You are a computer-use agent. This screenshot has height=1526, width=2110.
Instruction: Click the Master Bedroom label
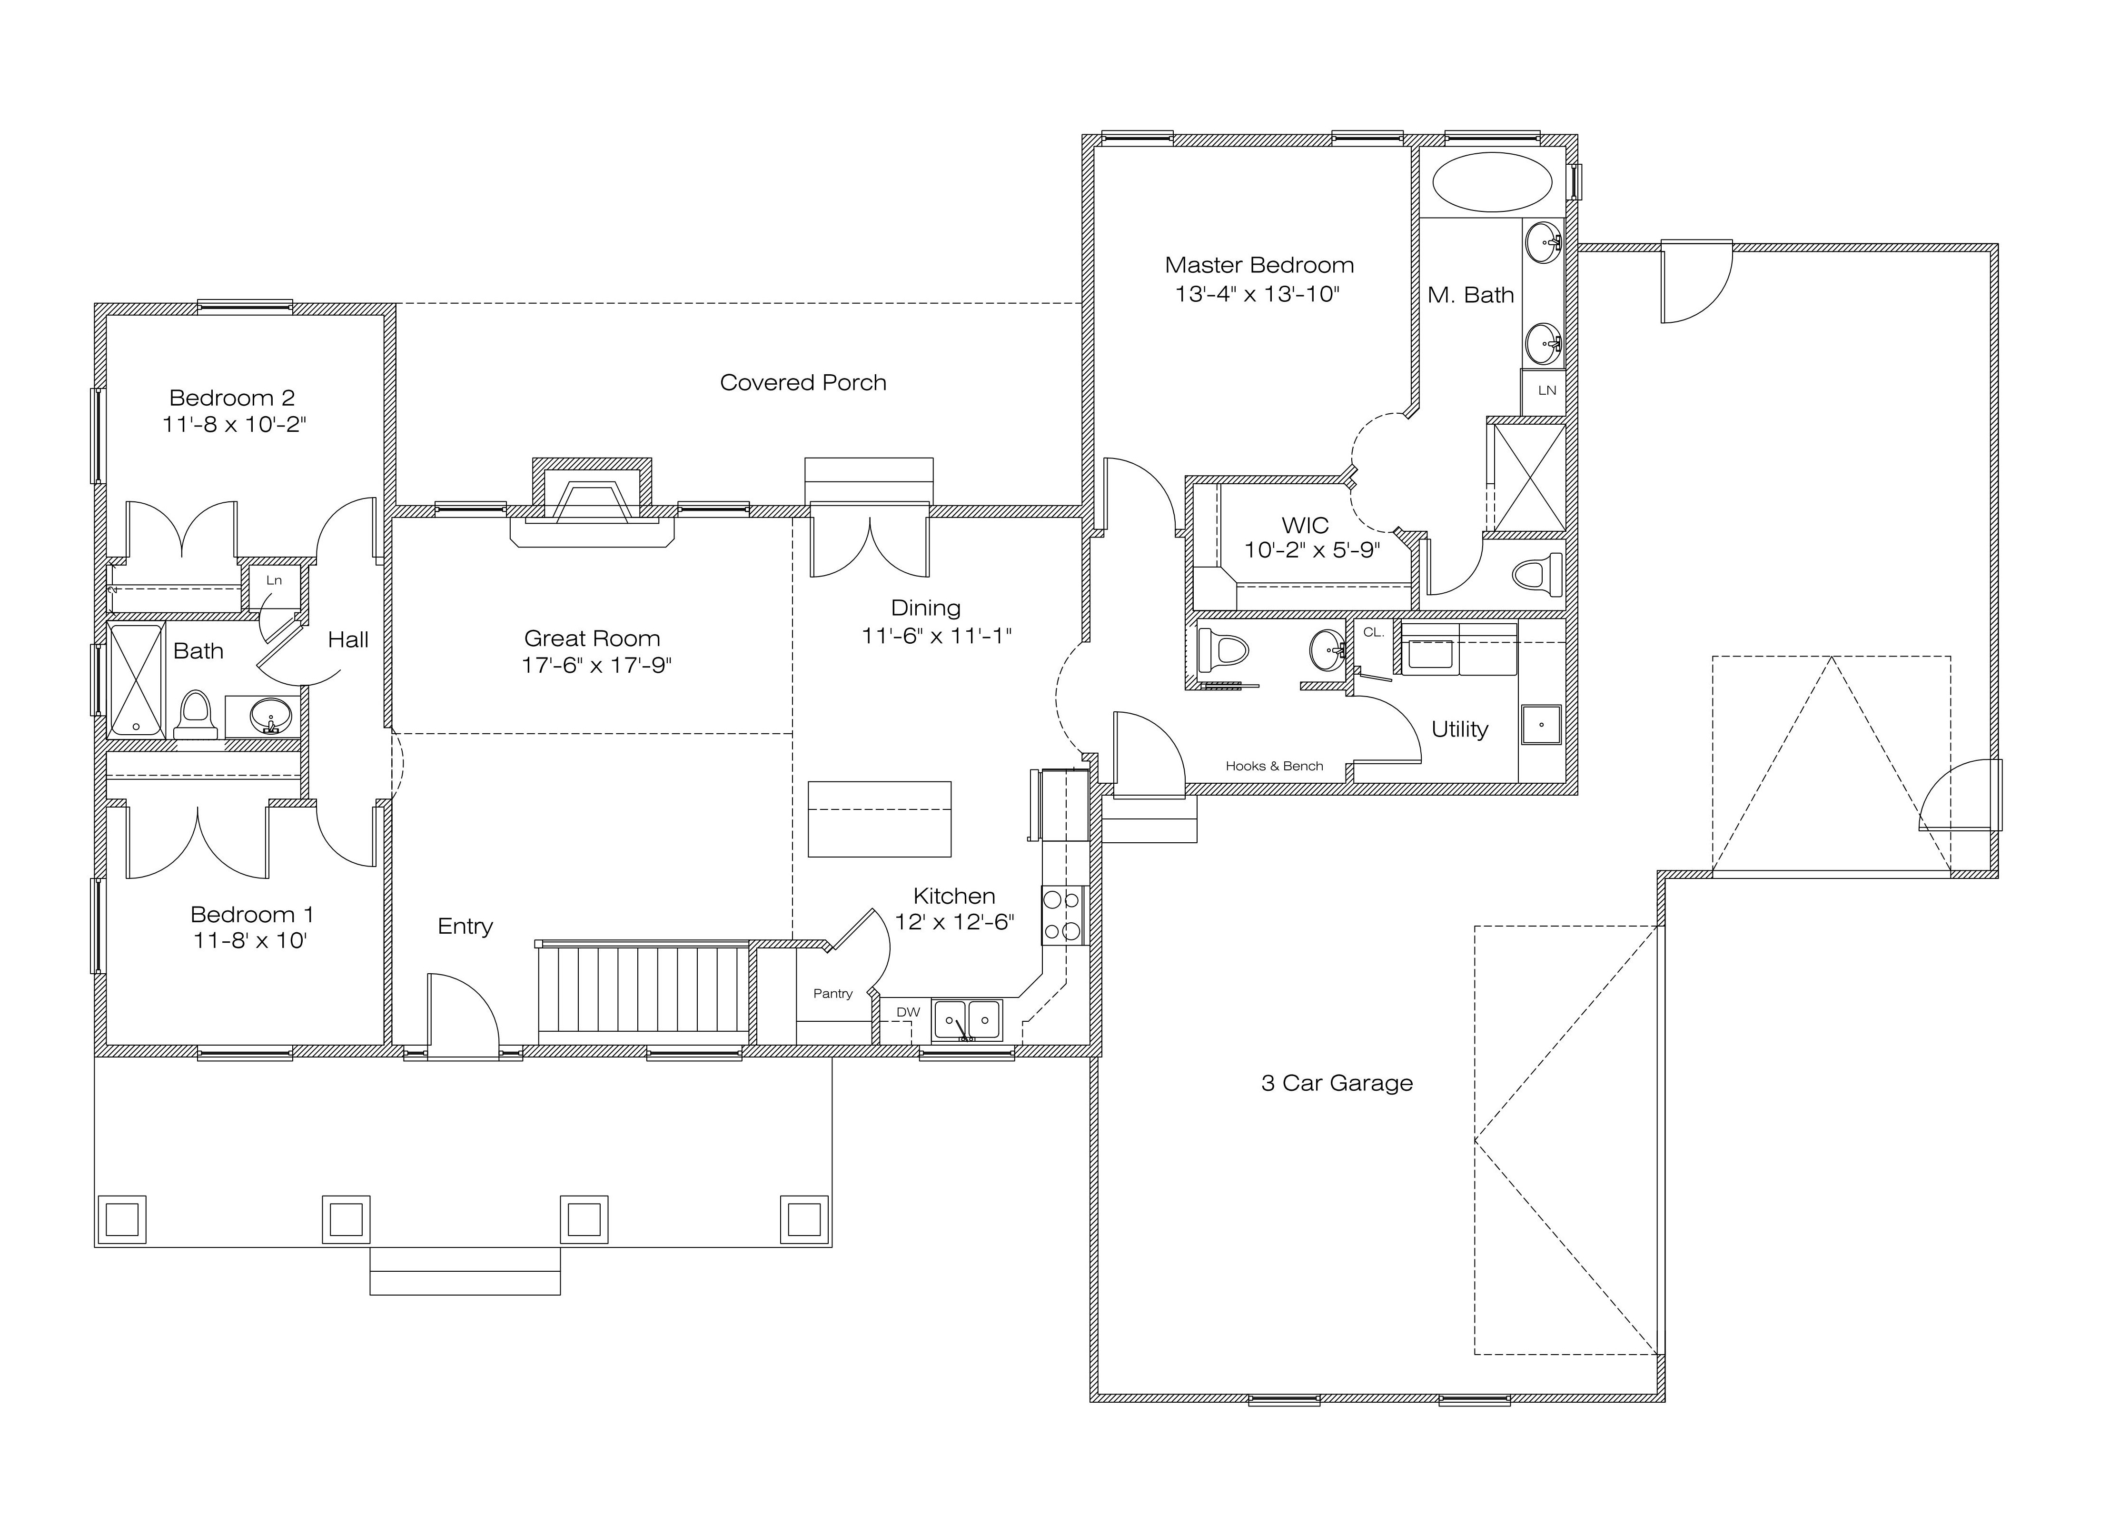(x=1259, y=265)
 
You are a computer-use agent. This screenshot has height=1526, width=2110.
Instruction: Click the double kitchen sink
(x=968, y=1020)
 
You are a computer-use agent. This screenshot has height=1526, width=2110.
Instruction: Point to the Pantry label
(x=832, y=993)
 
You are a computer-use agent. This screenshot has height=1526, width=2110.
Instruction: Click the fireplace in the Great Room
(x=592, y=502)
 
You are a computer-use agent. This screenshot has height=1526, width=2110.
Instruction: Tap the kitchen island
(x=879, y=819)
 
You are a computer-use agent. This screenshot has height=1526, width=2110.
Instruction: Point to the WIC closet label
(x=1305, y=525)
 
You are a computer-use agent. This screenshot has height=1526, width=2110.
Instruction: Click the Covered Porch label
(x=803, y=382)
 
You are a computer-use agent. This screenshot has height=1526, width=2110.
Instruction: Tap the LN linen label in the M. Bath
(x=1546, y=390)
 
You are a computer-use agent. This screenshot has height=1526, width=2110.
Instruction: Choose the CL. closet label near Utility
(x=1373, y=632)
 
